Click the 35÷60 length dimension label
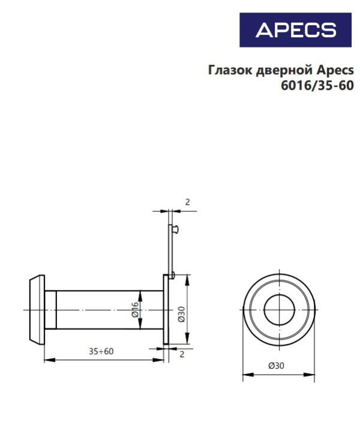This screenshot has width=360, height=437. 101,351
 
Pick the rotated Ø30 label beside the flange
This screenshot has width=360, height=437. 181,314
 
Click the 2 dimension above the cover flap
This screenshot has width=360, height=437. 187,202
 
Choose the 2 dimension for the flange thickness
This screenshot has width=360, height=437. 182,355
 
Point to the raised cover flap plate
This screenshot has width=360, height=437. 169,246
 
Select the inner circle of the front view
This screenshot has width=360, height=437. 279,310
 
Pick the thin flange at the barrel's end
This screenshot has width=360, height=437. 166,310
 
